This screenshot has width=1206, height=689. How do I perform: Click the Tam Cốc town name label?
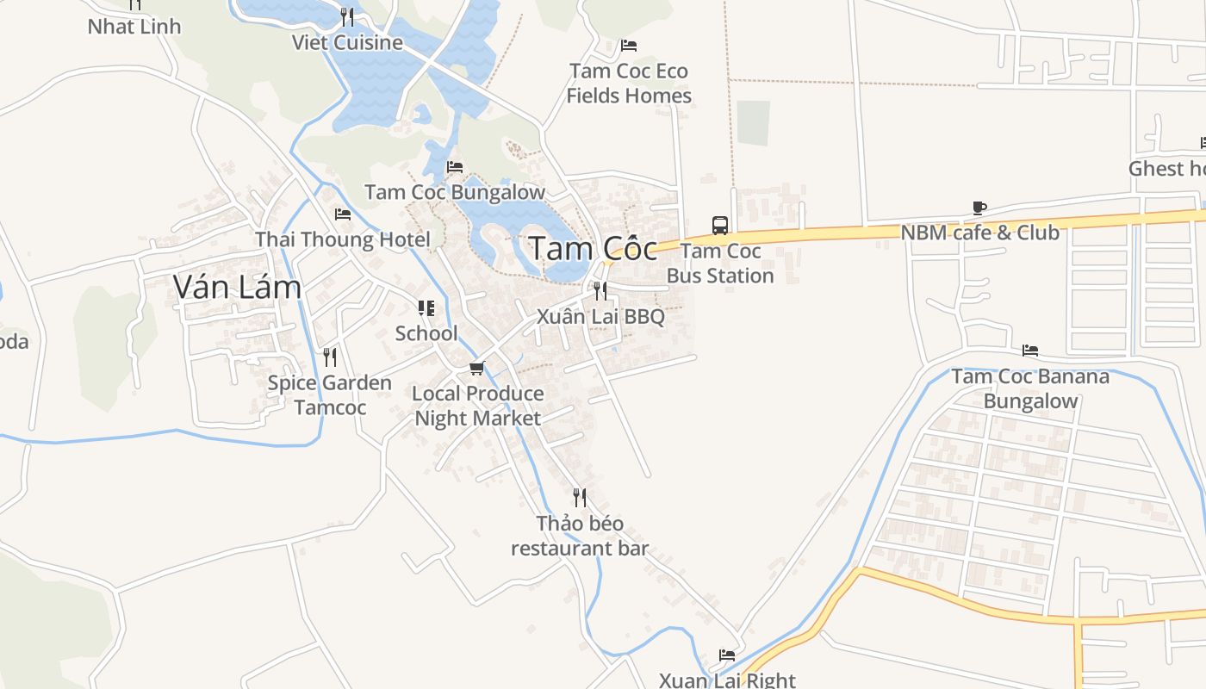pyautogui.click(x=593, y=249)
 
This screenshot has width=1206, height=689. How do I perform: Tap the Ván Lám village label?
pyautogui.click(x=237, y=287)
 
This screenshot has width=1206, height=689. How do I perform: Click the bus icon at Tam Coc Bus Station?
pyautogui.click(x=720, y=226)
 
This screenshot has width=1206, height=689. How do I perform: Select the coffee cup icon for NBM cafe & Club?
pyautogui.click(x=979, y=208)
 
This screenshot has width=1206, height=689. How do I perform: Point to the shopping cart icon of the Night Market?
pyautogui.click(x=476, y=369)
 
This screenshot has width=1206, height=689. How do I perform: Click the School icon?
pyautogui.click(x=426, y=308)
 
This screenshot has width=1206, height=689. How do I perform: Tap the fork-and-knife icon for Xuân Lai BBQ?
pyautogui.click(x=600, y=291)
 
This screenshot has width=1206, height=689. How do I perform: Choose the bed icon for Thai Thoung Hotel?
pyautogui.click(x=343, y=214)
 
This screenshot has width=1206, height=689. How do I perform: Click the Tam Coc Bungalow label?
pyautogui.click(x=455, y=192)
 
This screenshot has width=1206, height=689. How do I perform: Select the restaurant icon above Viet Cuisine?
pyautogui.click(x=346, y=17)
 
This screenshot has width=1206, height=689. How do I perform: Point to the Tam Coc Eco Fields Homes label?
pyautogui.click(x=629, y=83)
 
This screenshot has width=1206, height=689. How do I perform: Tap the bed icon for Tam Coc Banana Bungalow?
pyautogui.click(x=1029, y=351)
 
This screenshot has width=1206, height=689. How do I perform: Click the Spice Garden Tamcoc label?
pyautogui.click(x=330, y=394)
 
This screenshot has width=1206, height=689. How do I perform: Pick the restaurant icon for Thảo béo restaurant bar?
pyautogui.click(x=580, y=498)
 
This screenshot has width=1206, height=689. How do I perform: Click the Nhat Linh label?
pyautogui.click(x=134, y=27)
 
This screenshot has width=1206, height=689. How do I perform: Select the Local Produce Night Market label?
pyautogui.click(x=477, y=406)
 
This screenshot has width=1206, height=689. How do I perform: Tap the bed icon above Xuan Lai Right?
pyautogui.click(x=727, y=655)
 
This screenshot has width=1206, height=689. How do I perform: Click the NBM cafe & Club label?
pyautogui.click(x=979, y=233)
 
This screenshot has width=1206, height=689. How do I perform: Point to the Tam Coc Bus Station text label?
pyautogui.click(x=720, y=264)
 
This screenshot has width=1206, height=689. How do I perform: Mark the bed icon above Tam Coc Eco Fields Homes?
pyautogui.click(x=629, y=46)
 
